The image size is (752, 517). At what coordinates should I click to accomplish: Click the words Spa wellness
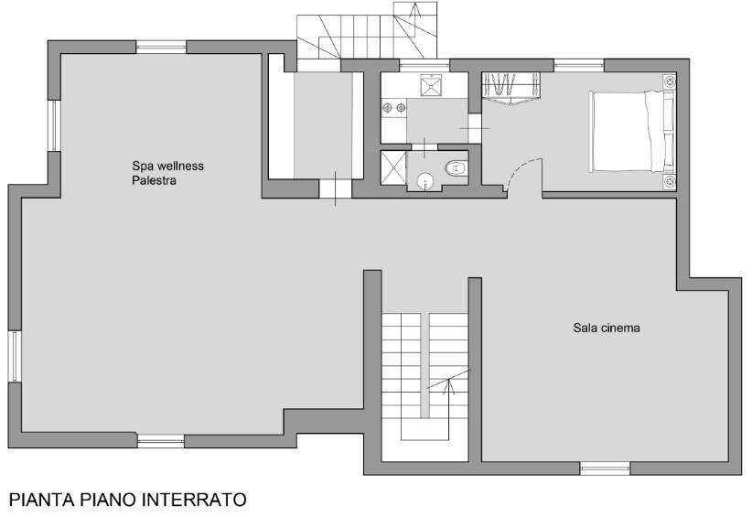click(x=167, y=166)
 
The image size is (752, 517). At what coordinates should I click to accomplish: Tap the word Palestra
click(x=154, y=181)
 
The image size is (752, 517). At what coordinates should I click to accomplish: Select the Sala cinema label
click(x=607, y=328)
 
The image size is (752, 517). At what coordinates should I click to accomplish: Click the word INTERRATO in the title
click(x=194, y=500)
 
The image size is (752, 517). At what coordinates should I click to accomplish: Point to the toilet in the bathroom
click(x=457, y=168)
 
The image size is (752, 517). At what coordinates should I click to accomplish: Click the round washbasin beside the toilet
click(x=424, y=181)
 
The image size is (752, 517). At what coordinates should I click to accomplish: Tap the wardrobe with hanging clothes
click(x=510, y=88)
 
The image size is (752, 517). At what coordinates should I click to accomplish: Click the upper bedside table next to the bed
click(x=670, y=81)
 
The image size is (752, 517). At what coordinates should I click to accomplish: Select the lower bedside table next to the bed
click(x=670, y=181)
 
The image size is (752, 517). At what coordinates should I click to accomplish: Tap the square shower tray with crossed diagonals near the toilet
click(x=393, y=167)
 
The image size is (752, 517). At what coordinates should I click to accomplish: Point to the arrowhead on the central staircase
click(x=449, y=383)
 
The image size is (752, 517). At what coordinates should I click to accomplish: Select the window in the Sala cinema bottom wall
click(x=606, y=469)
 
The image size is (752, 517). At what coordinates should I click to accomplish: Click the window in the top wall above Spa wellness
click(x=161, y=47)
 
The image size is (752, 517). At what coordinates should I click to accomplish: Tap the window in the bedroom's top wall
click(x=579, y=65)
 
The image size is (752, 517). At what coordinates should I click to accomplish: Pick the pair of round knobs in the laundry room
click(x=393, y=108)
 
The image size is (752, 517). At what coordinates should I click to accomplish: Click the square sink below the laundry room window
click(x=433, y=85)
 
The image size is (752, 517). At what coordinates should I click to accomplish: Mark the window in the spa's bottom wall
click(x=161, y=441)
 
